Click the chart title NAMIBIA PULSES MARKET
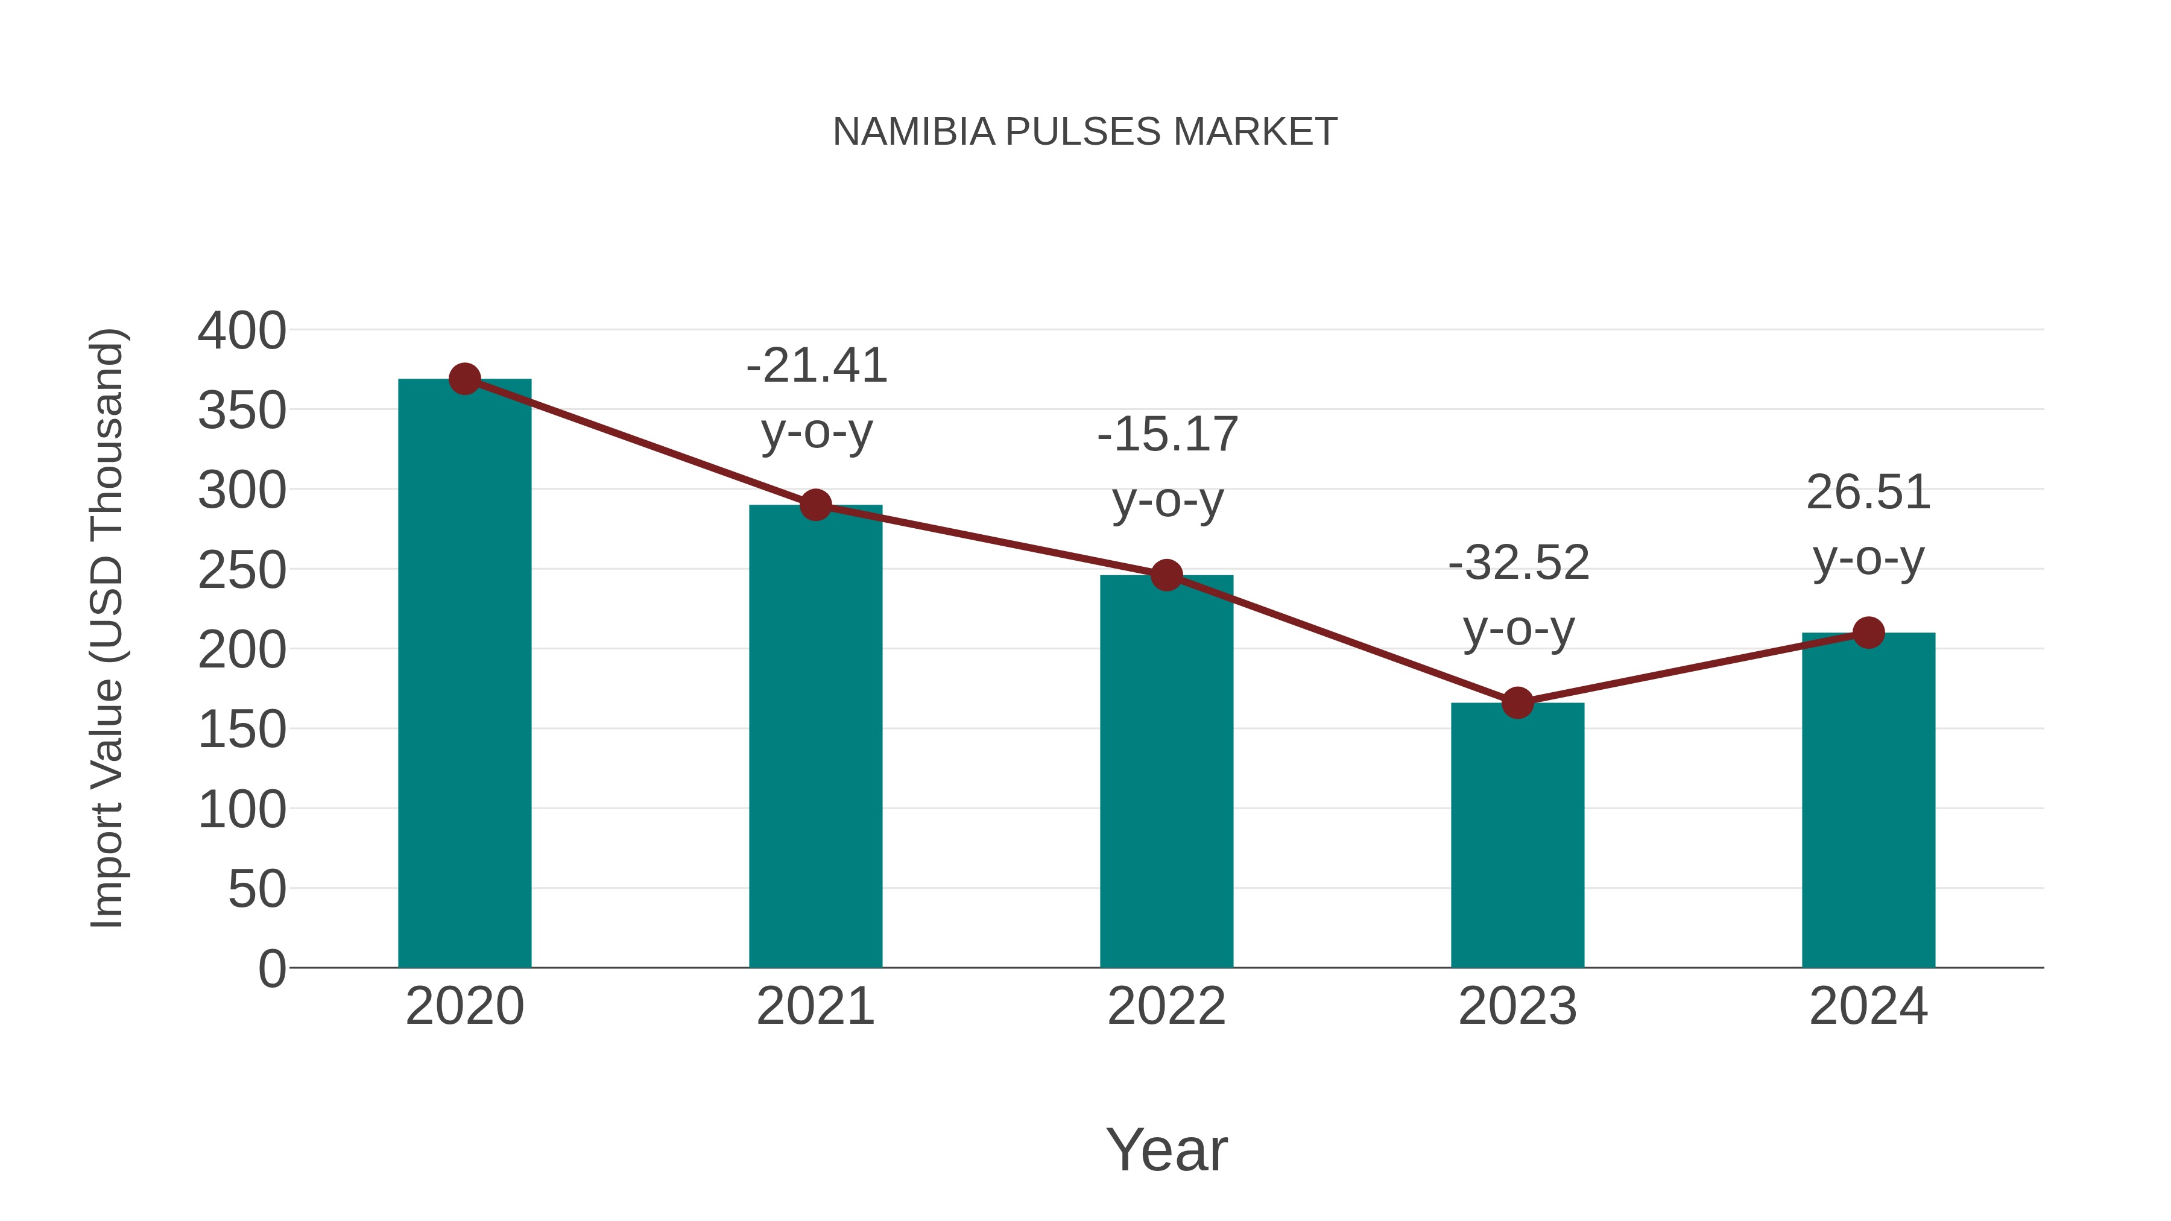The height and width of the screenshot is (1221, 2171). coord(1085,132)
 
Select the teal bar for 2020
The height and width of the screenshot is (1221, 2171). coord(464,674)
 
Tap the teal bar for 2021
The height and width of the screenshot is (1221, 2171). coord(815,737)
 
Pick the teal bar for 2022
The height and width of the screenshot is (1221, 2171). coord(1166,771)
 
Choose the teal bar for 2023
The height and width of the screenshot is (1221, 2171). coord(1517,835)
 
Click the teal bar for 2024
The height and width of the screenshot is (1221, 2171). coord(1868,801)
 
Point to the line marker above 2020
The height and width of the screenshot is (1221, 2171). coord(464,379)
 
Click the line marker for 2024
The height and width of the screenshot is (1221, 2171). coord(1868,632)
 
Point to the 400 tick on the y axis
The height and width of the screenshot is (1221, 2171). coord(242,331)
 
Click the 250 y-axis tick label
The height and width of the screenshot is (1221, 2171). coord(242,570)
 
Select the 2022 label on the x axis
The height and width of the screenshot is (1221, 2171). coord(1166,1006)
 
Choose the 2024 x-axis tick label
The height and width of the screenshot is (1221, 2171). coord(1868,1006)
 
